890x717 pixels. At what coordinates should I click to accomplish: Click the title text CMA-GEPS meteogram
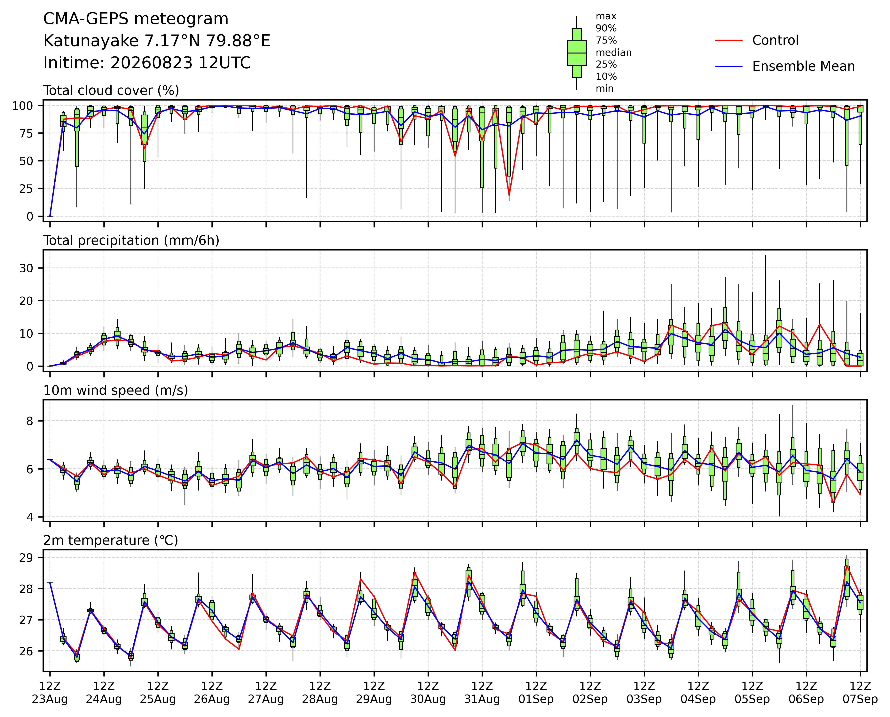point(136,19)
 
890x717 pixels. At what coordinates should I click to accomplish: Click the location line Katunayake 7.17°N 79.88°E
point(157,41)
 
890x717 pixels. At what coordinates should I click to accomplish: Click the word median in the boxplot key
point(613,53)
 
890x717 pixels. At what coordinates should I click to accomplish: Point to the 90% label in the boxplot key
point(606,29)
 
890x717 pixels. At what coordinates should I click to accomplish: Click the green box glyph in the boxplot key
point(577,53)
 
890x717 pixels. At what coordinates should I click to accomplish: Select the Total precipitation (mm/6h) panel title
point(131,241)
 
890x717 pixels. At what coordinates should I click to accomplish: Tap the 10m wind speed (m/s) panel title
point(116,391)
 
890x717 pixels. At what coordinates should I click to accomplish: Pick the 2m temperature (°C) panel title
point(111,540)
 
